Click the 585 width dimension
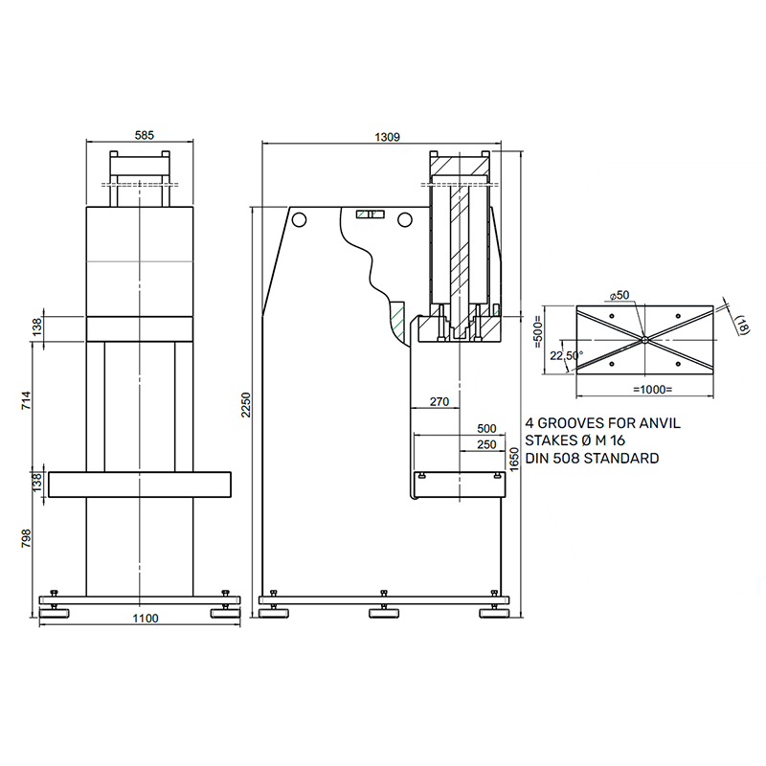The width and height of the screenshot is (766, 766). click(145, 135)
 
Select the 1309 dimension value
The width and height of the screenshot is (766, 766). click(388, 137)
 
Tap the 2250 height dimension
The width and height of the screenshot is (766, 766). click(246, 405)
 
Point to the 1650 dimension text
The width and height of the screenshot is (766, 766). click(513, 460)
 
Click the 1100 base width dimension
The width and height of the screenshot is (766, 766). click(146, 619)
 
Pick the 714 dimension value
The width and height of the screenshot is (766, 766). click(27, 400)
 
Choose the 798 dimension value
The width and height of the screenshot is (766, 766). click(27, 538)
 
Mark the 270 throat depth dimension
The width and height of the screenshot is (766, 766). click(439, 401)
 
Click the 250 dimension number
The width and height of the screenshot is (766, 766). click(486, 444)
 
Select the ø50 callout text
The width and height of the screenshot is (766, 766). click(620, 295)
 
